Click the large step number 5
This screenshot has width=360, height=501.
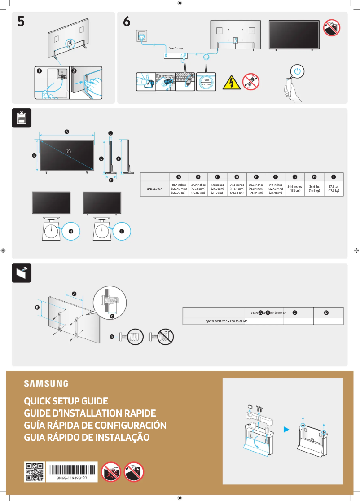tap(21, 21)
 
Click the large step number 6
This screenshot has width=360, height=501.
tap(127, 21)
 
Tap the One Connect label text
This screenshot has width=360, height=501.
tap(176, 48)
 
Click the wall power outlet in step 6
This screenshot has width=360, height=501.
tap(142, 35)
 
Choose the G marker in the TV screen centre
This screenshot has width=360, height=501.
tap(68, 152)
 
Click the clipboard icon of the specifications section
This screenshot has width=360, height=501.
tap(21, 118)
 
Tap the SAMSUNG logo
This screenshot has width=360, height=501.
tap(46, 383)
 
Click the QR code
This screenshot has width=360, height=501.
tap(34, 472)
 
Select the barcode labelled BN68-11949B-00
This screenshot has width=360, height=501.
tap(72, 471)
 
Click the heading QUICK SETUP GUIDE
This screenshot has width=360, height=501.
tap(66, 401)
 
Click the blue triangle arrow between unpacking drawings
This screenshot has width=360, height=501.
tap(286, 430)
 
